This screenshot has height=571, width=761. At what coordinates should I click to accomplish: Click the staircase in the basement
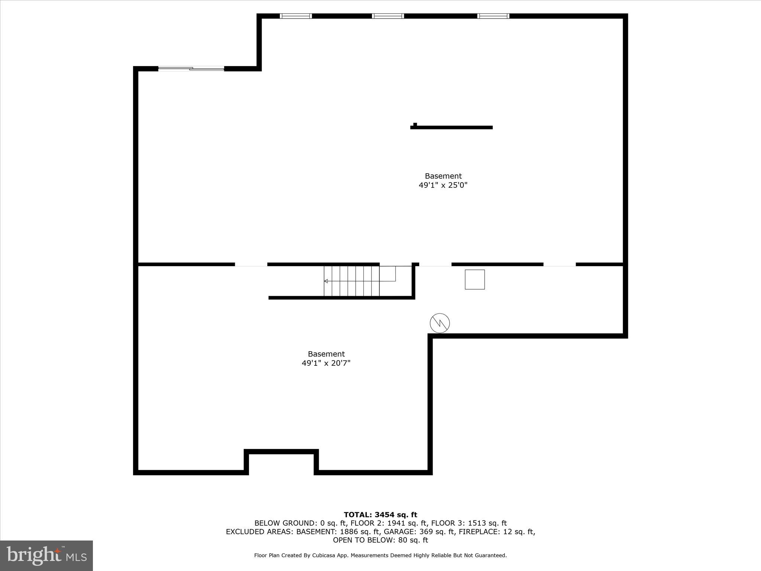(352, 281)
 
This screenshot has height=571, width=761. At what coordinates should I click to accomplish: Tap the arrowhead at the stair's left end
(326, 281)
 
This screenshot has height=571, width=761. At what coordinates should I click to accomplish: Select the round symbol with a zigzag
(440, 323)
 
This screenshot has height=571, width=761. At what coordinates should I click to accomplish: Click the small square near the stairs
(475, 280)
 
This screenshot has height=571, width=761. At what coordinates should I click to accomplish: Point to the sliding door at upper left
(191, 68)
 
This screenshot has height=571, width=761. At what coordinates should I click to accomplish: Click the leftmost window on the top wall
(296, 16)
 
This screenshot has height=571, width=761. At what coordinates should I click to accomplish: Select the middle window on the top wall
(388, 16)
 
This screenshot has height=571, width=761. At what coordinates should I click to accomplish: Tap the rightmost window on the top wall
(493, 16)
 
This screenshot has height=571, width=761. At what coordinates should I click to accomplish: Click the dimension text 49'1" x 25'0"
(443, 185)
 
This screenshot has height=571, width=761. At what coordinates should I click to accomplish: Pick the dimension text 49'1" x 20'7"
(326, 363)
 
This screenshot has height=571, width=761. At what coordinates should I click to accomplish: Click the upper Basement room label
(443, 176)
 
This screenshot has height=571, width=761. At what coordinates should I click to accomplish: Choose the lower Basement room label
(326, 354)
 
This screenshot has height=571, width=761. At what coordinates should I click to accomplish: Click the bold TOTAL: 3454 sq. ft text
(380, 515)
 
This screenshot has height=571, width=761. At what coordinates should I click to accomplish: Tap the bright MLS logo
(46, 555)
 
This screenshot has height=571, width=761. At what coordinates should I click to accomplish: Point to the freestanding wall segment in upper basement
(451, 128)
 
